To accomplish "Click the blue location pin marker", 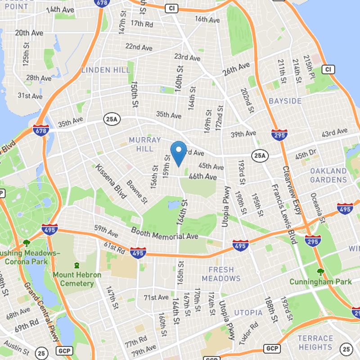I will coord(179,153).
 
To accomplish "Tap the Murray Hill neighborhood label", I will coord(144,144).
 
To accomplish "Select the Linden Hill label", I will coord(106,70).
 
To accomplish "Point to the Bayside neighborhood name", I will coord(285,101).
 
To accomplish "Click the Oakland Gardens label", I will coord(328,175).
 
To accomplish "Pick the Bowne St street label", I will coord(136,191).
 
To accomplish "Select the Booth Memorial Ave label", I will coord(164,234).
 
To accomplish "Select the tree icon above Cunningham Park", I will coord(320,271).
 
